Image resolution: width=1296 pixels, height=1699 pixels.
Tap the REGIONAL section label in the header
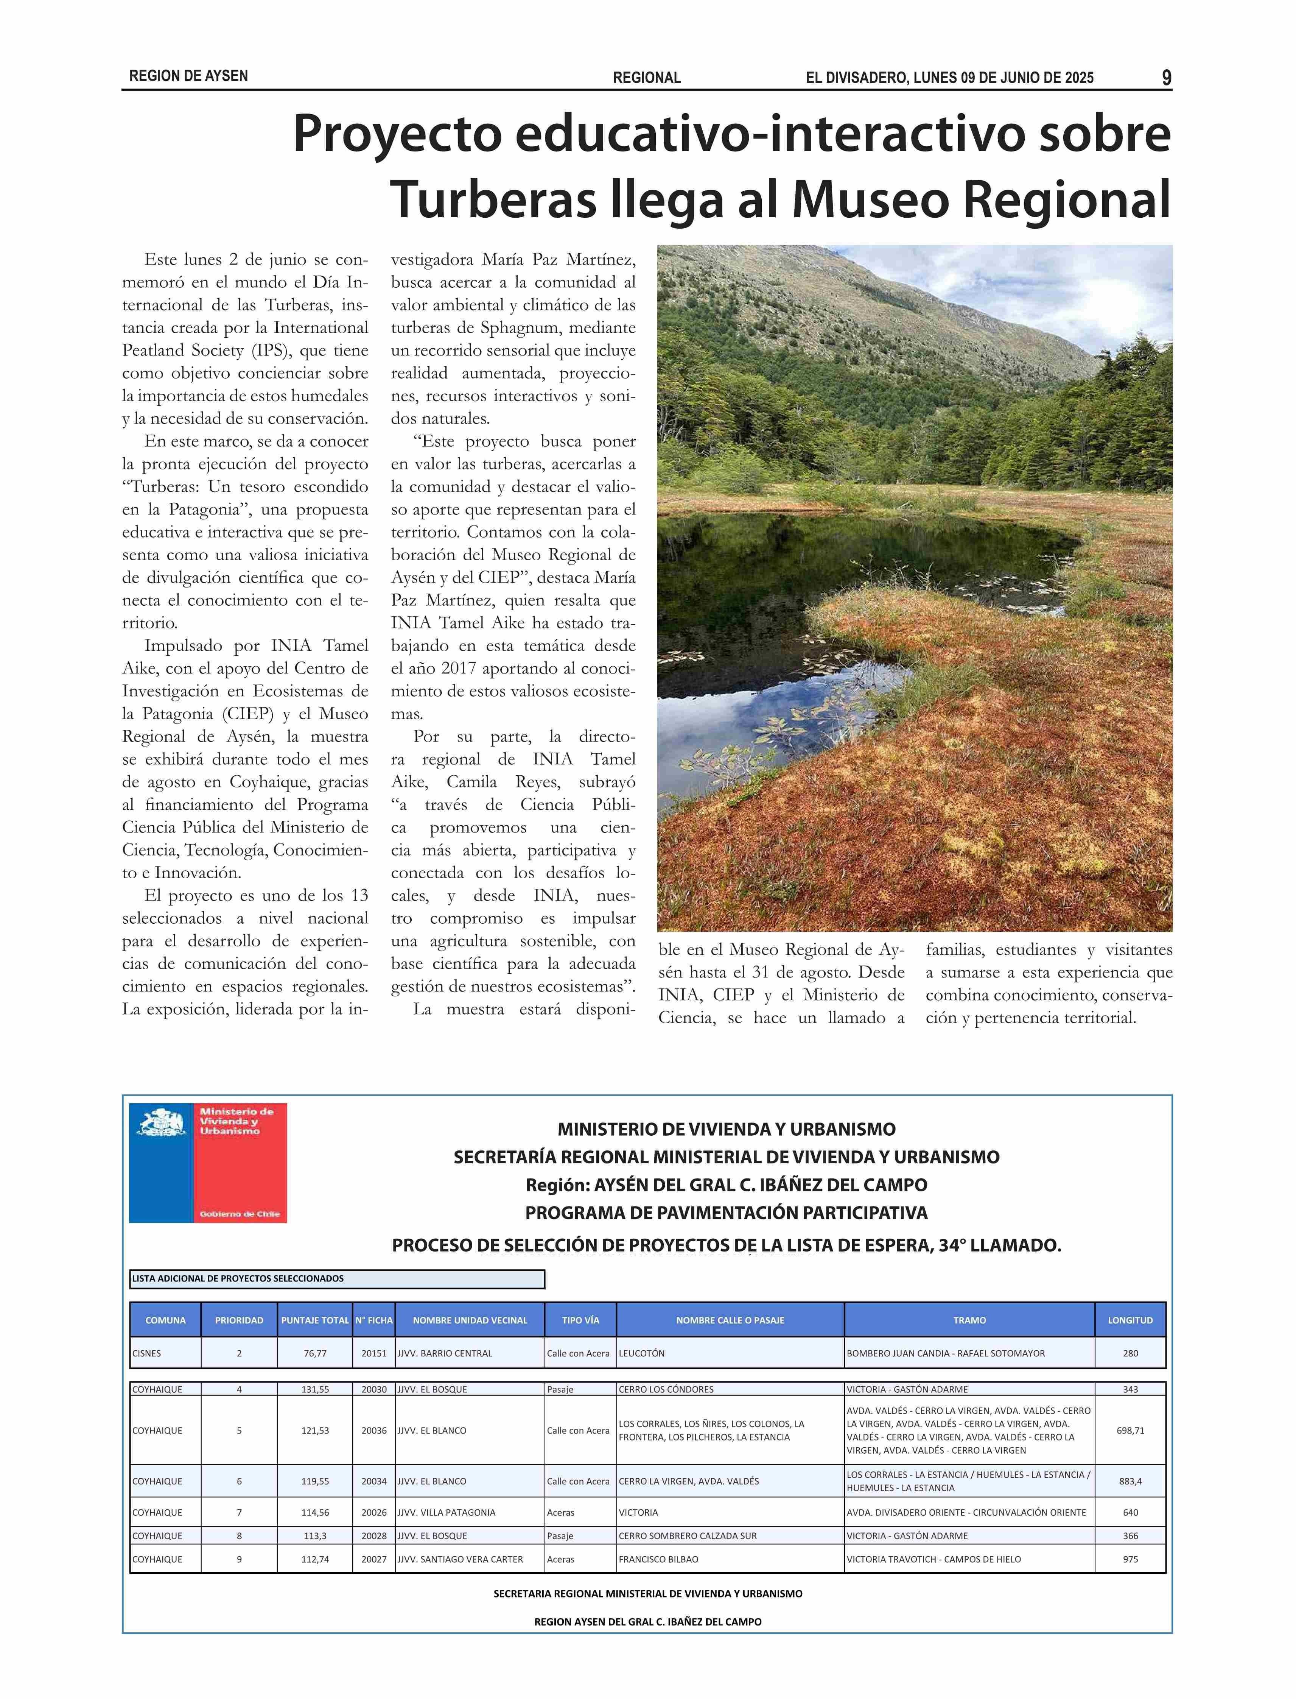coord(646,78)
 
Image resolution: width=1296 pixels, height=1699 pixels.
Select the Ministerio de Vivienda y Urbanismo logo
coord(207,1163)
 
